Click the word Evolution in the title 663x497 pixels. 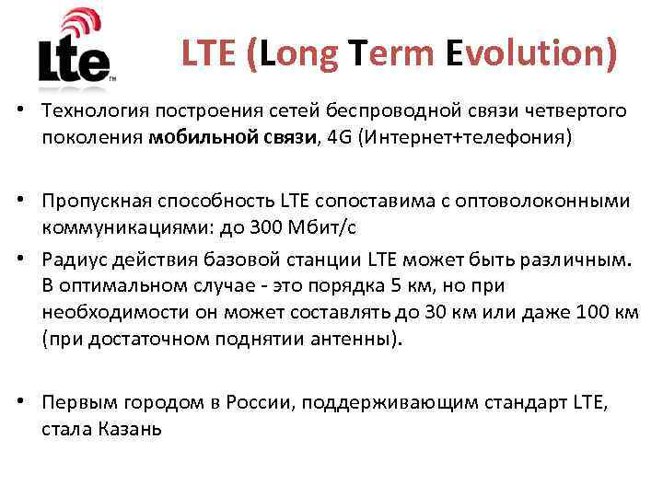(530, 53)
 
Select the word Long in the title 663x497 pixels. (300, 53)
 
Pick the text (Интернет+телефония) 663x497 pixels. (448, 138)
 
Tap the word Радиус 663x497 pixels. (72, 260)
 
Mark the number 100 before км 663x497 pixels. (592, 313)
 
